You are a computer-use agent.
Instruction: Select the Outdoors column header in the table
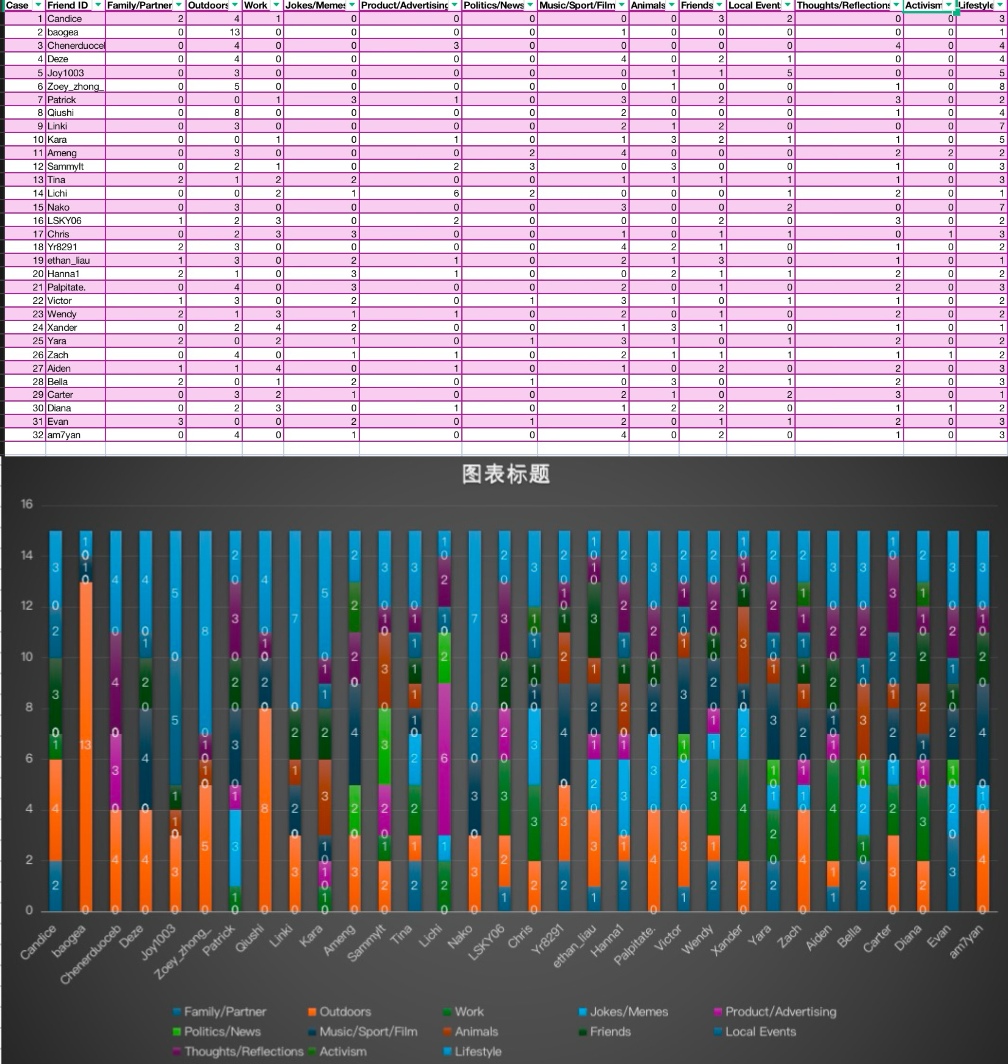[208, 5]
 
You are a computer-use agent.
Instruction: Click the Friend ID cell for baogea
[63, 32]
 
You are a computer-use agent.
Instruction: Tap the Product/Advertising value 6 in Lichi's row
[456, 193]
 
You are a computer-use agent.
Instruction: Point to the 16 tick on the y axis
[27, 504]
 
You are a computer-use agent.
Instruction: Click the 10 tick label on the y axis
[27, 657]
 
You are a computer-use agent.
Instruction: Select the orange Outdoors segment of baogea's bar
[86, 746]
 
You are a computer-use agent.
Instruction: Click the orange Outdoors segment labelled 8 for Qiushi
[265, 809]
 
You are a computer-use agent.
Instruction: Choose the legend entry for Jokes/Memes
[629, 1012]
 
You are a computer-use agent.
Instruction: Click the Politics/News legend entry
[222, 1032]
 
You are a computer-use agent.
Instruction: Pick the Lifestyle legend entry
[478, 1052]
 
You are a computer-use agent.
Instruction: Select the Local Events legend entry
[760, 1032]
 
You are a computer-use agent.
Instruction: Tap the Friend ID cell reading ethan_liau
[68, 260]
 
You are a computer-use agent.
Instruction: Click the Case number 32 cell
[38, 435]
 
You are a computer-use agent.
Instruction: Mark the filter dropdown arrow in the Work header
[276, 5]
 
